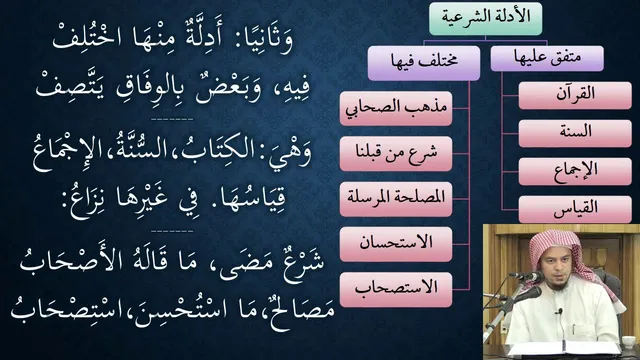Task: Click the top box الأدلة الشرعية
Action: click(485, 19)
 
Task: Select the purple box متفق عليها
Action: click(547, 58)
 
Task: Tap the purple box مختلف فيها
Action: click(424, 63)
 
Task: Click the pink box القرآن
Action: click(575, 96)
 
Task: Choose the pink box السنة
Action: click(575, 133)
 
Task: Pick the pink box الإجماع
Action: click(575, 171)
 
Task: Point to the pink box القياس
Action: click(575, 209)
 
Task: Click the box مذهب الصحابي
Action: click(396, 109)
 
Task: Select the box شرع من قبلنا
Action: click(396, 154)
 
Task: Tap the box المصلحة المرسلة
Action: click(396, 199)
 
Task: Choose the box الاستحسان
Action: click(396, 244)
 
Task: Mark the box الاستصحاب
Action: click(396, 290)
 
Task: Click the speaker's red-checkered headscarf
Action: click(554, 250)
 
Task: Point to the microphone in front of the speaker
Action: click(527, 277)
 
